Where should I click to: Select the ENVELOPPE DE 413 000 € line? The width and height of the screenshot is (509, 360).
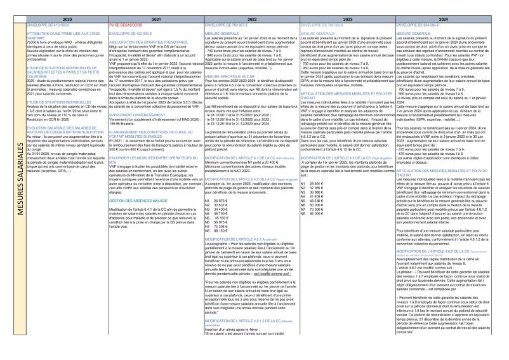tap(46, 23)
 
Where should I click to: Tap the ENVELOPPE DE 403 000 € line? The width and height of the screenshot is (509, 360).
tap(128, 30)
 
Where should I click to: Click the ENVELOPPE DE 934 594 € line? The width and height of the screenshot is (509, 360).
tap(419, 23)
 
